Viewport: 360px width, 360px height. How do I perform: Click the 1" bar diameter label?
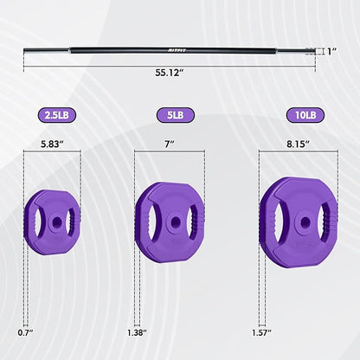(332, 52)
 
